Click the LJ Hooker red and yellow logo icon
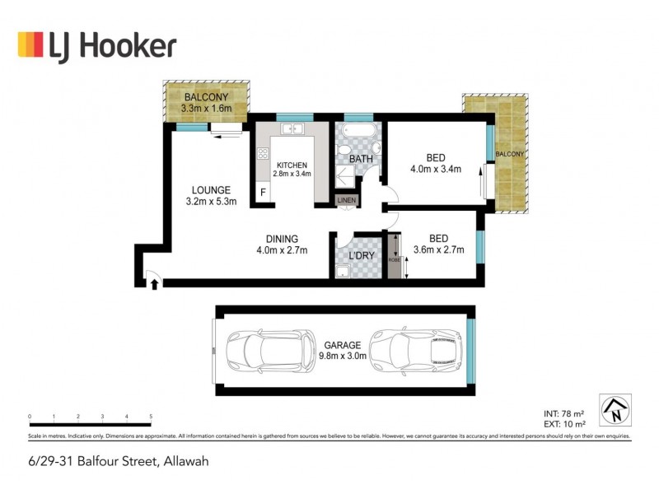pos(30,44)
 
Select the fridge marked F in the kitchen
pos(264,193)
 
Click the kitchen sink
pos(292,129)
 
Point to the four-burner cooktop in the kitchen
pos(264,153)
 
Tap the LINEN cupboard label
pos(346,199)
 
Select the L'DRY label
pos(362,255)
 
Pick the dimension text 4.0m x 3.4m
pos(436,169)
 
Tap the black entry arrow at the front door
pos(154,283)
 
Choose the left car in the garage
pos(270,351)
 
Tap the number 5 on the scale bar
pos(151,417)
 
